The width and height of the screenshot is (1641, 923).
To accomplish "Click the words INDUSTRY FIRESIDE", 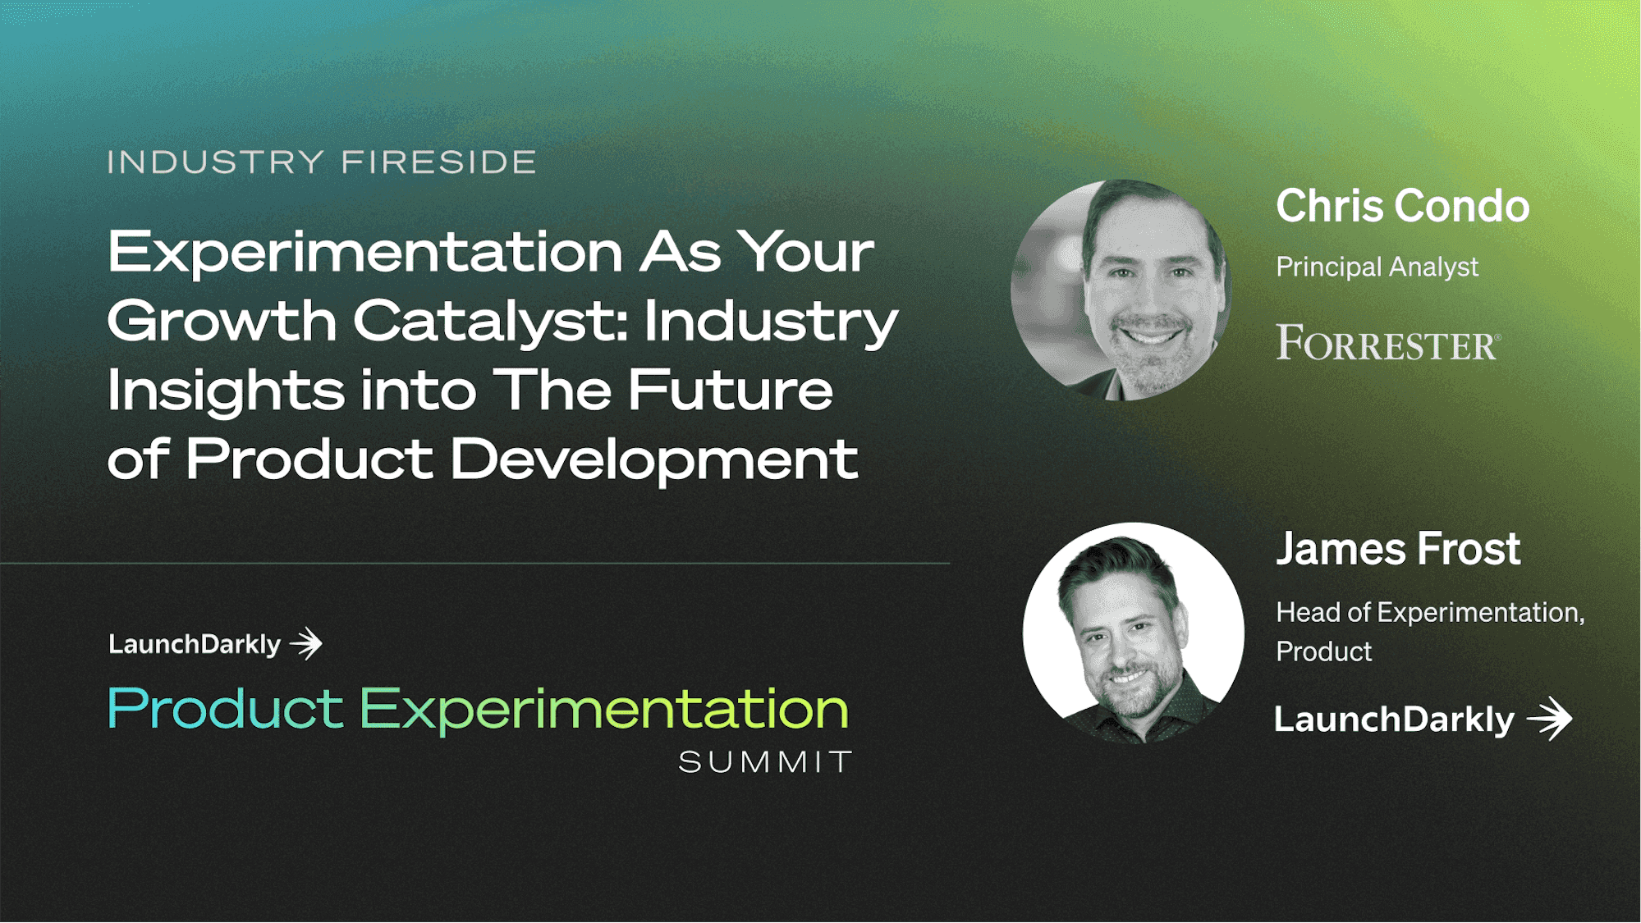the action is (322, 162).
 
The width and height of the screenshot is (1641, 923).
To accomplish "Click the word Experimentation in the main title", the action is (365, 254).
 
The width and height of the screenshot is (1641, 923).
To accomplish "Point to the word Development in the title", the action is (654, 459).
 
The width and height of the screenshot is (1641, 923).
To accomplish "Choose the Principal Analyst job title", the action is (1377, 267).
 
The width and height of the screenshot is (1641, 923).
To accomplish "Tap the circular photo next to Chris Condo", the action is (1121, 290).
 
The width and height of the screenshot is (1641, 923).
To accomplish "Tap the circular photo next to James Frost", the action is (1133, 633).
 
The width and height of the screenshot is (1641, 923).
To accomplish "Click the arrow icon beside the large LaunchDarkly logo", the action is (1550, 719).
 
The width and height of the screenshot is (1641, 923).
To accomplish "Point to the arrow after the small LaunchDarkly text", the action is (306, 644).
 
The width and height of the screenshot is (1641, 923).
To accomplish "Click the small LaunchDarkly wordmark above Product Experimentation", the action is (195, 645).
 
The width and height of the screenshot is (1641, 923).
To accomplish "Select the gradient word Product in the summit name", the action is (226, 709).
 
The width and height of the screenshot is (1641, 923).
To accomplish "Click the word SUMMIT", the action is (765, 762).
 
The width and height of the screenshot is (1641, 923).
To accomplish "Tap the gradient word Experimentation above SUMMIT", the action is (604, 711).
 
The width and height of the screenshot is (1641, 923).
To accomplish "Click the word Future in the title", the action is (731, 390).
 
